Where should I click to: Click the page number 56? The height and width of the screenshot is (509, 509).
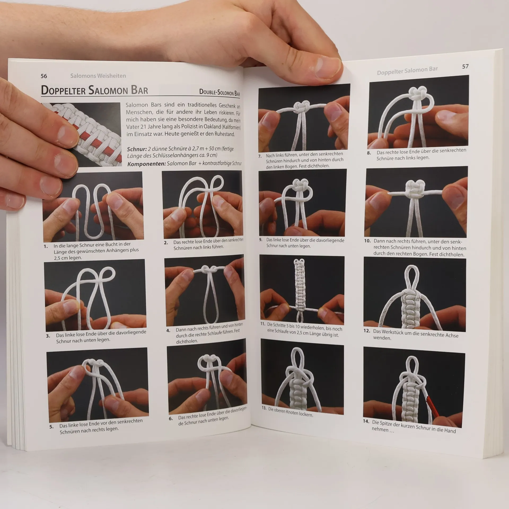point(44,76)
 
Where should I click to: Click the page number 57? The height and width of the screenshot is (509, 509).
point(465,67)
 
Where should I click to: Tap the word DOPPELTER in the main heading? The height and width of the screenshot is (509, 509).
point(63,90)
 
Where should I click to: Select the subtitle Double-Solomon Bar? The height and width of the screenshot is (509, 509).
point(220,92)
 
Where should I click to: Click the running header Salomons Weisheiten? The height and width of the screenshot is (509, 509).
point(98,76)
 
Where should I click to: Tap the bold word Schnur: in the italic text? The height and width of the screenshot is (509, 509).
point(137,149)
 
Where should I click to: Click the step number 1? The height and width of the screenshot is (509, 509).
point(46,246)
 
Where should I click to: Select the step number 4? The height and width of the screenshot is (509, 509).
point(168,331)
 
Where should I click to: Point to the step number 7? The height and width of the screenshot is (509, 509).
point(260,156)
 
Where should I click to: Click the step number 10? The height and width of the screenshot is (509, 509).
point(367,241)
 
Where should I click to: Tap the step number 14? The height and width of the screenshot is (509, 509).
point(366,422)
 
